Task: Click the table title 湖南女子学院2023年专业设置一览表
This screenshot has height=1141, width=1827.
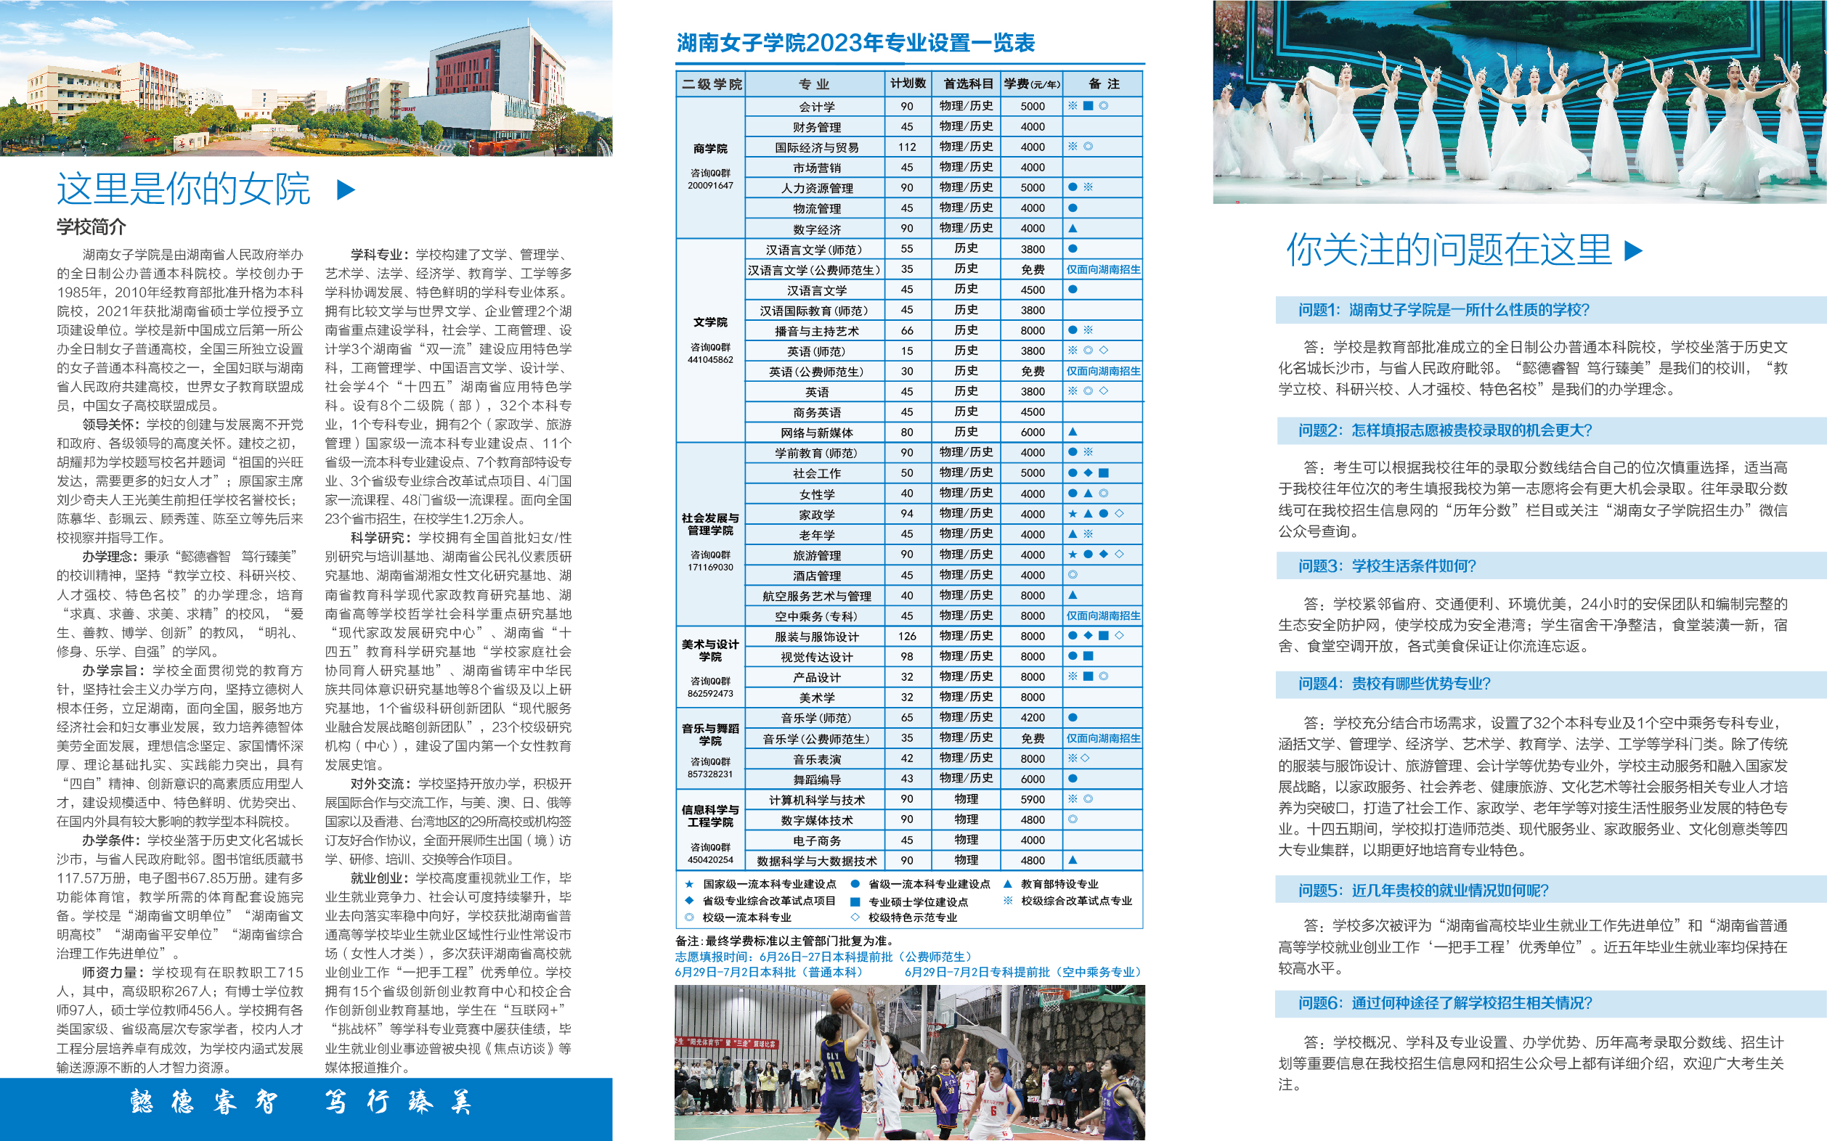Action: tap(855, 43)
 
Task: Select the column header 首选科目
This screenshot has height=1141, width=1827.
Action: tap(967, 83)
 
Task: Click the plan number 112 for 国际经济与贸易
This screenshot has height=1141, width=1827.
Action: tap(907, 147)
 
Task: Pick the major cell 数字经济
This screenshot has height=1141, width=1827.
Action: tap(816, 229)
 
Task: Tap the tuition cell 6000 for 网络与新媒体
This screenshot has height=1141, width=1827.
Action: tap(1032, 433)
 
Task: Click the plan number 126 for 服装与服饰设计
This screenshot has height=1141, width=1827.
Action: tap(907, 636)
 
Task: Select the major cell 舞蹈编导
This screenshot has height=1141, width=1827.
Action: tap(816, 780)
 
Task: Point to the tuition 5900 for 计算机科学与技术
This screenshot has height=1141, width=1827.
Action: tap(1032, 799)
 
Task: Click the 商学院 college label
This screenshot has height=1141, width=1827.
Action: tap(709, 149)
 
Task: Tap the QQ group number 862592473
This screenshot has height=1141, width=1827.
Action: tap(709, 693)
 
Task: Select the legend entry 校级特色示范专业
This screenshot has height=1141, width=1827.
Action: tap(912, 917)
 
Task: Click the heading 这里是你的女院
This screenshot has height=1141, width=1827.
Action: tap(184, 189)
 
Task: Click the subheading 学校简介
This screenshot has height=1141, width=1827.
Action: tap(91, 227)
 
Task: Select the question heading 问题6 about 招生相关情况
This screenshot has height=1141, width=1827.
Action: tap(1444, 1003)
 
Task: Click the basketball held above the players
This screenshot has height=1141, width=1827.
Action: tap(842, 1001)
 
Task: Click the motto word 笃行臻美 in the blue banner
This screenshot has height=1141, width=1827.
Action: tap(399, 1103)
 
